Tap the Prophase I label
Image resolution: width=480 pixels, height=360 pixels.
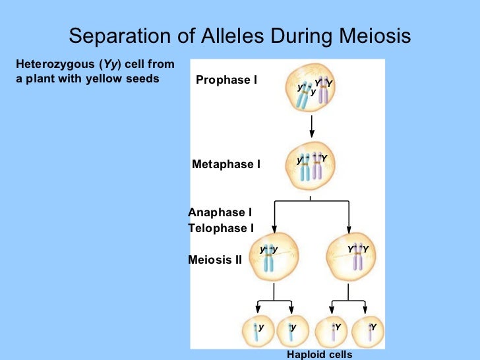(x=226, y=80)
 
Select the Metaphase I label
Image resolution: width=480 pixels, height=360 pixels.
(x=226, y=164)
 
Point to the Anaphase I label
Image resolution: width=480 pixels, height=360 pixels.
(x=220, y=212)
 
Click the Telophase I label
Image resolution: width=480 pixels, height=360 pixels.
(x=221, y=228)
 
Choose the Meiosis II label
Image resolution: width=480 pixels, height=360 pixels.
(x=215, y=260)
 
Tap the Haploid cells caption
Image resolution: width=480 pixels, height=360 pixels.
(x=320, y=355)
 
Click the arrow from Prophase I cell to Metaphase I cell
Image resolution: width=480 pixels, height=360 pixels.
(x=311, y=128)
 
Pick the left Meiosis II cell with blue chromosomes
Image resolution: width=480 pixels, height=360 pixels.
(x=270, y=256)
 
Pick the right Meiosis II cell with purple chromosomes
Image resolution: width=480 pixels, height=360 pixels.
(x=357, y=256)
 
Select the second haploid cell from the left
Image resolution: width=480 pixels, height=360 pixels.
(x=291, y=331)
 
